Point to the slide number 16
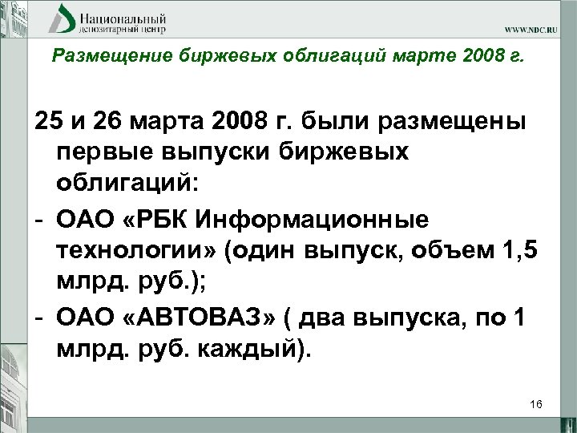[x=536, y=405]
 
